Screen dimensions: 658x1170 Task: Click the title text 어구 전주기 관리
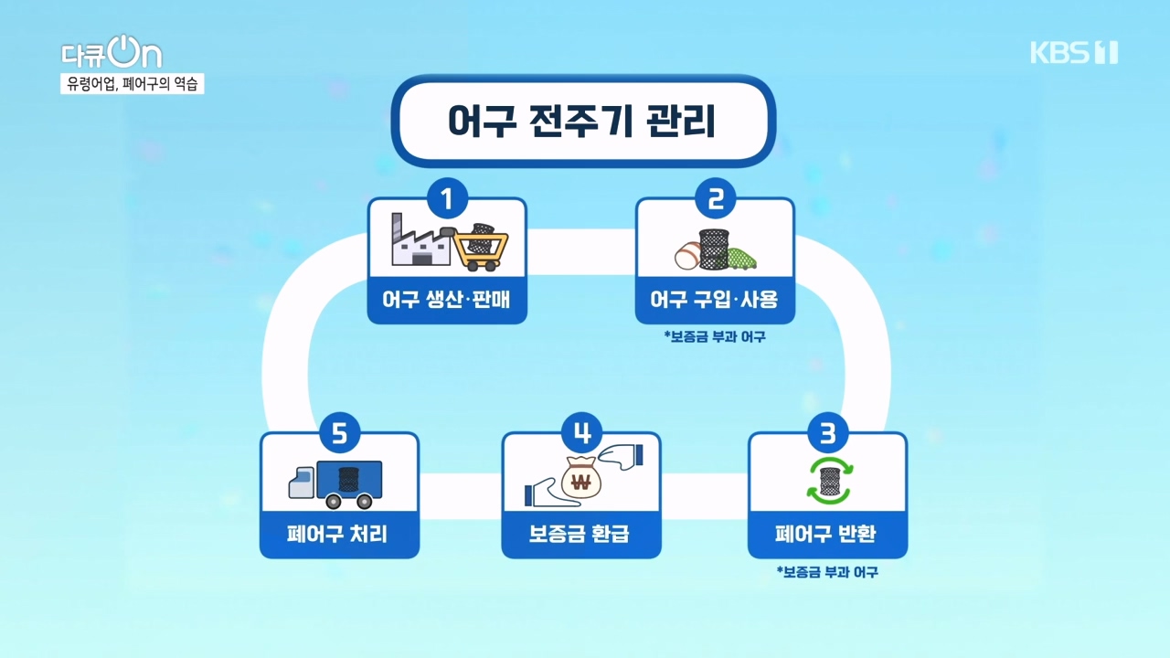pos(582,122)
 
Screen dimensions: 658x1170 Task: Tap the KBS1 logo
pos(1073,53)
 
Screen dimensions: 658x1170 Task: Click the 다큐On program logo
pos(111,54)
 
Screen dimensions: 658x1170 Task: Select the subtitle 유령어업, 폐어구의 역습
pos(133,84)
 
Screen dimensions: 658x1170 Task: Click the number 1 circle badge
pos(447,197)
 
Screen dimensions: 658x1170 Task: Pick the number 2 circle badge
pos(715,197)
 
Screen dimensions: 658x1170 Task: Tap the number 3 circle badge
pos(827,433)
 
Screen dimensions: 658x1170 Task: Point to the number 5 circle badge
pos(339,433)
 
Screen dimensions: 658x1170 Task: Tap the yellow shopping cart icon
pos(481,246)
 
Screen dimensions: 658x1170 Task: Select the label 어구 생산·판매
pos(447,300)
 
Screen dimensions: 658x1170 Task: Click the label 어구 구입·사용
pos(715,300)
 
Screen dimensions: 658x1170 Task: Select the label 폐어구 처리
pos(339,534)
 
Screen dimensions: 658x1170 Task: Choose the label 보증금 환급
pos(580,534)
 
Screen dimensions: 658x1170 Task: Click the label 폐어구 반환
pos(827,534)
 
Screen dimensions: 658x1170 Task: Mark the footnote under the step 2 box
pos(715,336)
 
